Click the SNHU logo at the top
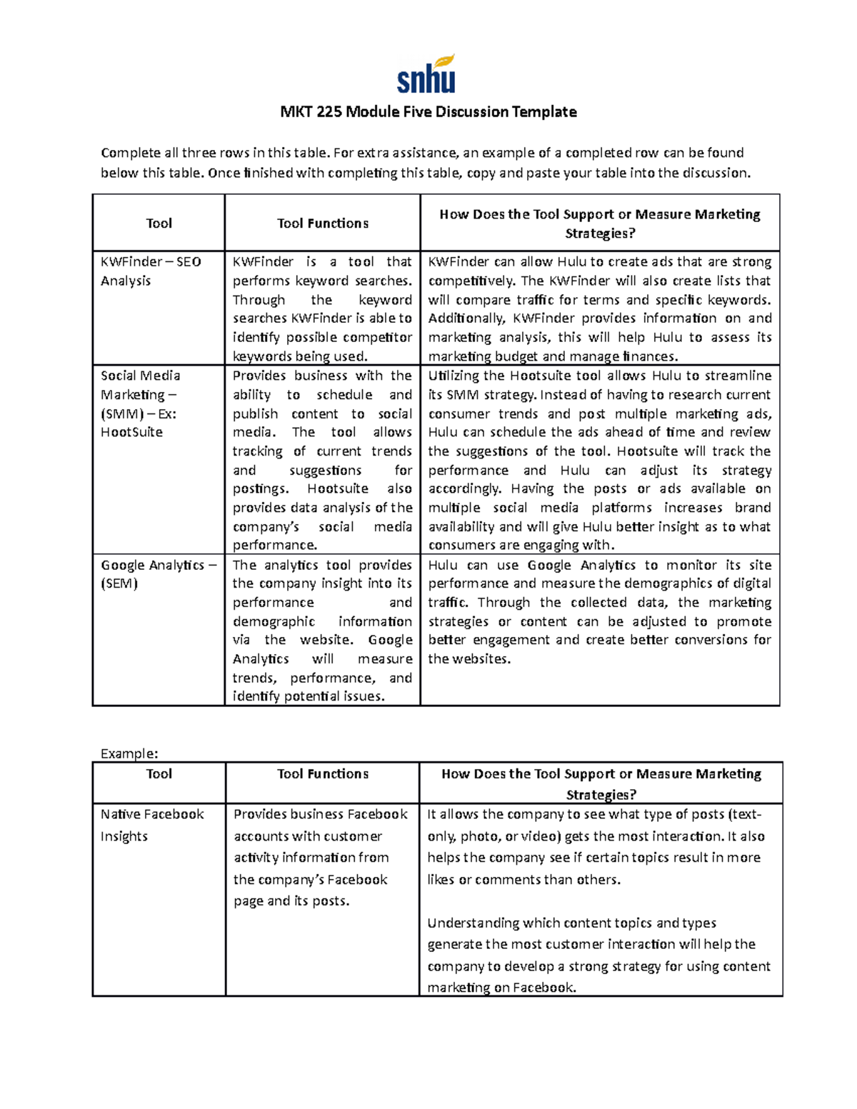[x=426, y=74]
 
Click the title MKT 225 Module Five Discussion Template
[x=428, y=112]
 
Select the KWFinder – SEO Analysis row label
[x=151, y=271]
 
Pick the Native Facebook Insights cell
[x=152, y=825]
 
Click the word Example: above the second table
[x=129, y=753]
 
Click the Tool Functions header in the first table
[x=323, y=224]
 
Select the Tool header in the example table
[x=159, y=774]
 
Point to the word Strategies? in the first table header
[x=600, y=234]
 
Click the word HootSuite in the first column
[x=131, y=432]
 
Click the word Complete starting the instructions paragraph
[x=130, y=153]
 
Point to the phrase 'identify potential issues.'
[x=309, y=696]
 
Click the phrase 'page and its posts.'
[x=291, y=901]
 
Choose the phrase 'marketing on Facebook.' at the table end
[x=501, y=988]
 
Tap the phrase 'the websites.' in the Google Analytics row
[x=469, y=659]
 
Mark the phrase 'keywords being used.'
[x=301, y=356]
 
